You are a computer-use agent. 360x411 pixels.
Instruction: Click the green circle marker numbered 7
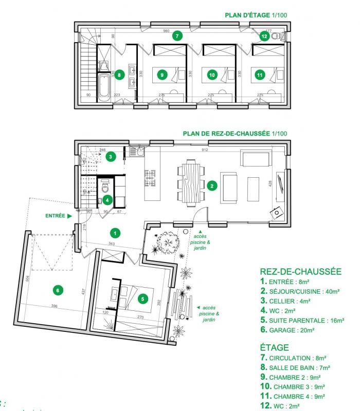point(176,36)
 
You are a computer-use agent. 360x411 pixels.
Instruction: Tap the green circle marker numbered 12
point(264,36)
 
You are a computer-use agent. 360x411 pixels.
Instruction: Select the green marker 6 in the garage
point(58,290)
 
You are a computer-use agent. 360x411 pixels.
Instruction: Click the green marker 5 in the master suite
point(143,298)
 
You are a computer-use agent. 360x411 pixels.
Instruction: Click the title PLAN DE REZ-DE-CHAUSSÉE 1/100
point(235,133)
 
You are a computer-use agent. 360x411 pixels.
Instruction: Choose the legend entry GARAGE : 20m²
point(293,330)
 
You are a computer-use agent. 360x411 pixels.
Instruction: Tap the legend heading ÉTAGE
point(275,348)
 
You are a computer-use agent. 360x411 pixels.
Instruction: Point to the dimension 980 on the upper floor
point(166,31)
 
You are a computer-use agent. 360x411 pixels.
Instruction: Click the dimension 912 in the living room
point(205,151)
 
